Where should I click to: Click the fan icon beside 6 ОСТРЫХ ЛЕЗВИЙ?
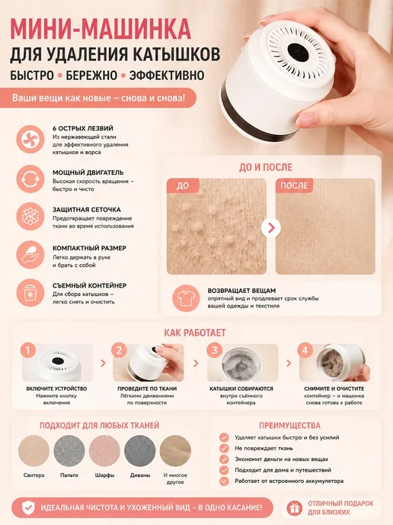pyautogui.click(x=30, y=139)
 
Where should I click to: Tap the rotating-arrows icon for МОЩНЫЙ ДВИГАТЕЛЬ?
pyautogui.click(x=30, y=179)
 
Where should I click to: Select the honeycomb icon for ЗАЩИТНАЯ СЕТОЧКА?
pyautogui.click(x=30, y=216)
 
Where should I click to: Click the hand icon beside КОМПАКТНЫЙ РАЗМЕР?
pyautogui.click(x=30, y=254)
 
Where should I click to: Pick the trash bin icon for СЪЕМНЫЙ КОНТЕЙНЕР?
pyautogui.click(x=30, y=292)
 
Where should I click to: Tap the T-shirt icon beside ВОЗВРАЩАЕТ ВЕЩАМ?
pyautogui.click(x=186, y=298)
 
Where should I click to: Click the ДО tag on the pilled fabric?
pyautogui.click(x=183, y=185)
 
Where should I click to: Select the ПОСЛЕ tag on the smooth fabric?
pyautogui.click(x=294, y=185)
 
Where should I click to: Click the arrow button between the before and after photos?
pyautogui.click(x=271, y=227)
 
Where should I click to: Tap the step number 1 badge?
pyautogui.click(x=28, y=350)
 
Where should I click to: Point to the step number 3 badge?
pyautogui.click(x=215, y=350)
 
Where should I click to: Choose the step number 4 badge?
pyautogui.click(x=305, y=350)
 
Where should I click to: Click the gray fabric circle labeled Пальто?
pyautogui.click(x=69, y=451)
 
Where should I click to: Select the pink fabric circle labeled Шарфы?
pyautogui.click(x=104, y=451)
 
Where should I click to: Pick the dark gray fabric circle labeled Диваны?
pyautogui.click(x=140, y=451)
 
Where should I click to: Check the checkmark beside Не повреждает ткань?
pyautogui.click(x=224, y=449)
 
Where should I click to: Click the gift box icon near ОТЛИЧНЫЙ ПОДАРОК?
pyautogui.click(x=295, y=509)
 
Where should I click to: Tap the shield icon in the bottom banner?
pyautogui.click(x=28, y=507)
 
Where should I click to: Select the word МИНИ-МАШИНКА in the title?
pyautogui.click(x=101, y=30)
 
